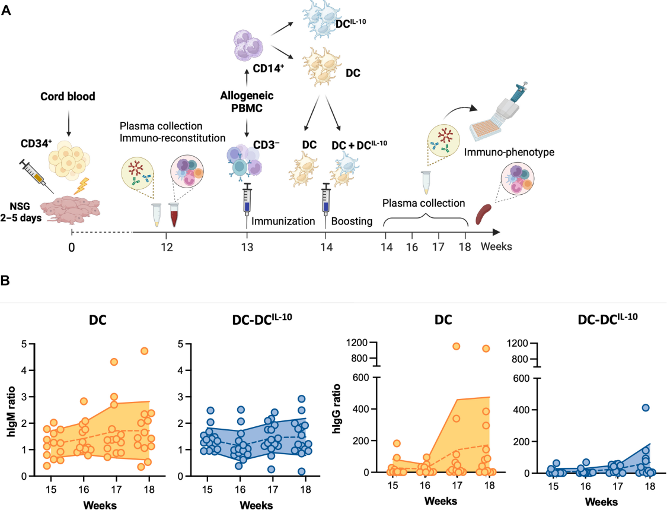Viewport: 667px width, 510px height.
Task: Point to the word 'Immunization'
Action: coord(283,221)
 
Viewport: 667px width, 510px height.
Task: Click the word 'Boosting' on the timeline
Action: coord(352,221)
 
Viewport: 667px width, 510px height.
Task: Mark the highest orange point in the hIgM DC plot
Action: coord(144,351)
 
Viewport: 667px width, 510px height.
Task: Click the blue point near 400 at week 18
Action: coord(646,407)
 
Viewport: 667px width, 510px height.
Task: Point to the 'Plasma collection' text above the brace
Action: coord(423,203)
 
